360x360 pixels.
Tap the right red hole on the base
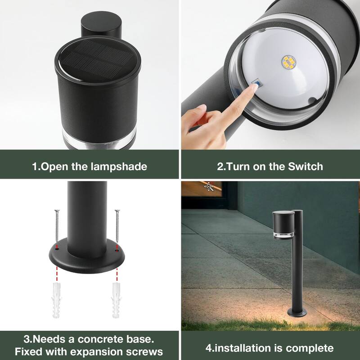click(117, 247)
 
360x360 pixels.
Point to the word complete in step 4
click(310, 348)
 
